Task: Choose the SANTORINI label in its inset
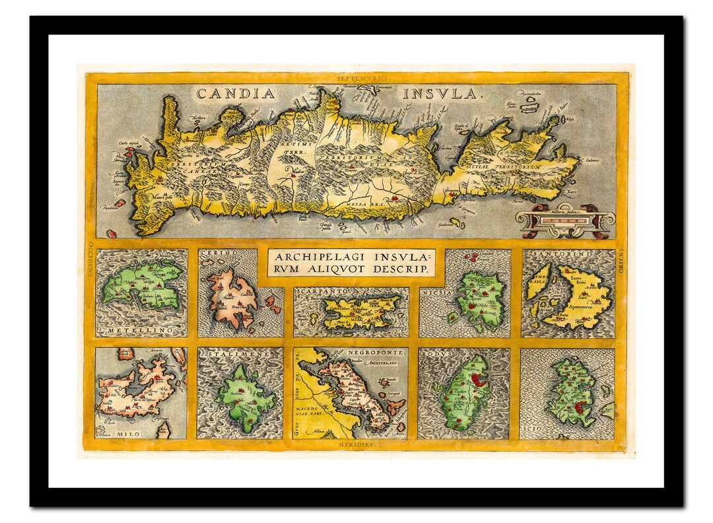coord(570,254)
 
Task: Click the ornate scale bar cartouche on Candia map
coord(566,220)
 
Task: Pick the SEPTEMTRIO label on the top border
coord(356,78)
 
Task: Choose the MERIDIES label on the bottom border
coord(356,445)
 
